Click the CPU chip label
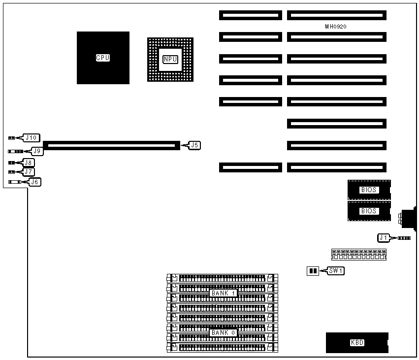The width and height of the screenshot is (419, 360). [103, 58]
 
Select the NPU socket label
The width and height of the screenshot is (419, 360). [170, 59]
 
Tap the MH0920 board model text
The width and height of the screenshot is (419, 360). [335, 27]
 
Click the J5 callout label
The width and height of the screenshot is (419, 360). [194, 145]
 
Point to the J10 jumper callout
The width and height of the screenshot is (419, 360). [32, 137]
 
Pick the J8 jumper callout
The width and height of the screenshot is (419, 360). [29, 162]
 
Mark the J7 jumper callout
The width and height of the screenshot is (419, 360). [29, 172]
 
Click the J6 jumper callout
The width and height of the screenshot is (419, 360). [34, 182]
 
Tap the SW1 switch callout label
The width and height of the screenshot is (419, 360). [337, 271]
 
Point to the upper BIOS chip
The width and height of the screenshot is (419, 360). [369, 190]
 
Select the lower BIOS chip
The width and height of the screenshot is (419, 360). [369, 211]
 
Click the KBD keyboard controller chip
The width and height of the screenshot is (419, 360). [357, 343]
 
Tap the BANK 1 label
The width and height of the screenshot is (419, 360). [224, 293]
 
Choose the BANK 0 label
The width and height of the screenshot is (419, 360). [224, 332]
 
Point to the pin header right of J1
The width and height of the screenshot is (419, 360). [404, 238]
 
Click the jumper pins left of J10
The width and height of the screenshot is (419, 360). [11, 138]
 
